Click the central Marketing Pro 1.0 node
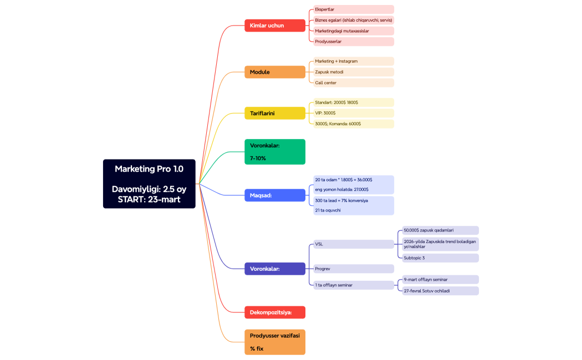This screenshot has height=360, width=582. tap(149, 184)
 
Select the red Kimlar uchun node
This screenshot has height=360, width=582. tap(274, 25)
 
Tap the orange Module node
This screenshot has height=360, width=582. tap(274, 72)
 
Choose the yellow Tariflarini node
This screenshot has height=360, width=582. tap(274, 114)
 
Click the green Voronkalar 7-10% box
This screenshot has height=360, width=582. tap(274, 152)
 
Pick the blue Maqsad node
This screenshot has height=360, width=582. tap(274, 195)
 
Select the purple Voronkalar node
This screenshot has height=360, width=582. tap(274, 269)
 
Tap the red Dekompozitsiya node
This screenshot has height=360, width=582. tap(274, 312)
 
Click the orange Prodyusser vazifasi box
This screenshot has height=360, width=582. tap(274, 342)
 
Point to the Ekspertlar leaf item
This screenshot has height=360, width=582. tap(352, 9)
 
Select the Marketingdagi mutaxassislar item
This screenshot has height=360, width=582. tap(352, 31)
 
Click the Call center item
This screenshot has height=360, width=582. tap(352, 83)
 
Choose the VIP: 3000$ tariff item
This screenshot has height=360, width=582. tap(352, 113)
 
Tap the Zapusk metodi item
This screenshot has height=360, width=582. tap(352, 72)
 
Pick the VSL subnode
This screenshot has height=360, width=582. tap(352, 244)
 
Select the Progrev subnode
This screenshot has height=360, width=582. tap(352, 269)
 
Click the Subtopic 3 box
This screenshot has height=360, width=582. tap(437, 258)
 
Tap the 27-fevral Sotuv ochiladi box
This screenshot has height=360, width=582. tap(437, 291)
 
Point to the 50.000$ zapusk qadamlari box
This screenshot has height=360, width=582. tap(437, 230)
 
